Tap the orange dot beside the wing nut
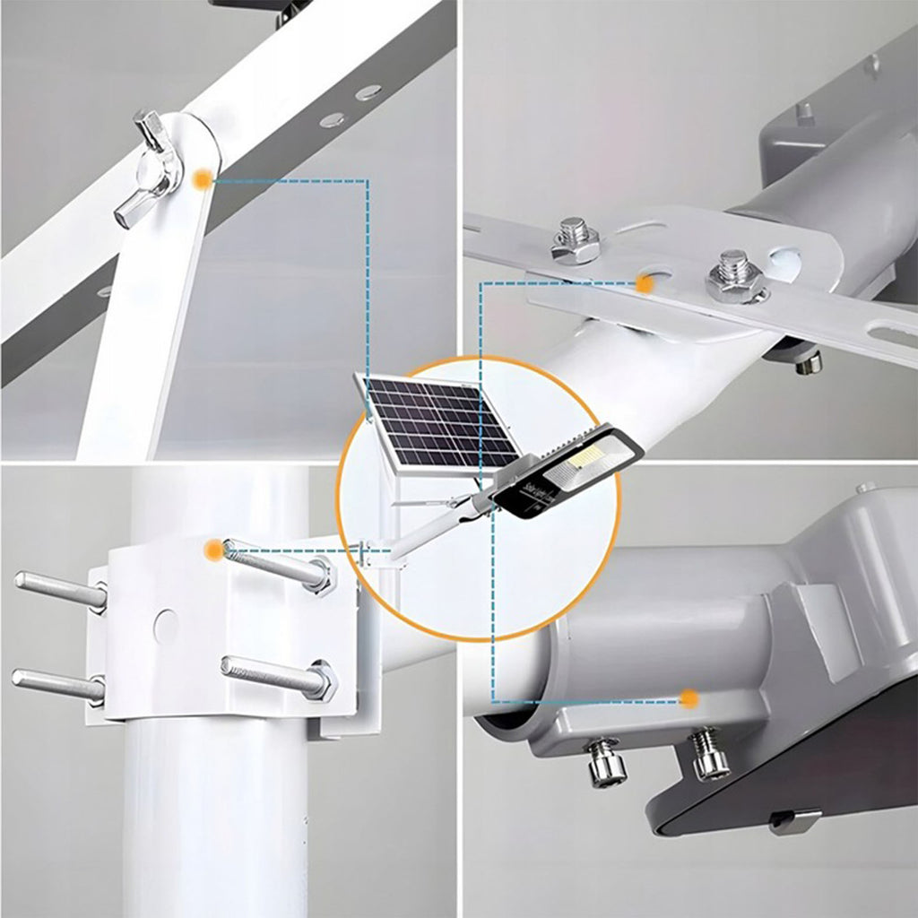tap(204, 180)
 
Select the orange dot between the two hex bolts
tap(644, 284)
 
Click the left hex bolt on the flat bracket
tap(575, 239)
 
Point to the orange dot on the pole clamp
tap(212, 550)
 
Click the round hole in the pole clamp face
tap(165, 626)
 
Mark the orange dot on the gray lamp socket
tap(688, 697)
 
